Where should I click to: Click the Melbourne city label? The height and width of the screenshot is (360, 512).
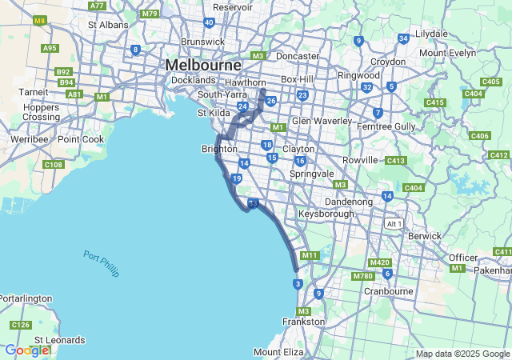point(203,64)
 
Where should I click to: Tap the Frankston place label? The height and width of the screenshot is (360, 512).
point(303,322)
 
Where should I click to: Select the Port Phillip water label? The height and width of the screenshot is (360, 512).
point(101,263)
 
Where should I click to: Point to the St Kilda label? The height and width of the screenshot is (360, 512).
point(214,113)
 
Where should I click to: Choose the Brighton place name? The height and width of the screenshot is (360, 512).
point(218,149)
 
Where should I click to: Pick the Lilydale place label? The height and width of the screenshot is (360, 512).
point(431,34)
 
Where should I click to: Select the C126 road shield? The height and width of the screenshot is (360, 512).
point(20,325)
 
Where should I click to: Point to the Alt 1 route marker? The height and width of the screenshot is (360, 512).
point(392,222)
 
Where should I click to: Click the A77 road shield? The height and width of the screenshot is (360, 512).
point(98,6)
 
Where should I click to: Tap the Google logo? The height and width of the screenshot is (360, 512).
point(26,350)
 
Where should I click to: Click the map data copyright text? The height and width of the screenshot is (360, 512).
point(462,354)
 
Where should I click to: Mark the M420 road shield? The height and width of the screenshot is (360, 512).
point(380,262)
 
